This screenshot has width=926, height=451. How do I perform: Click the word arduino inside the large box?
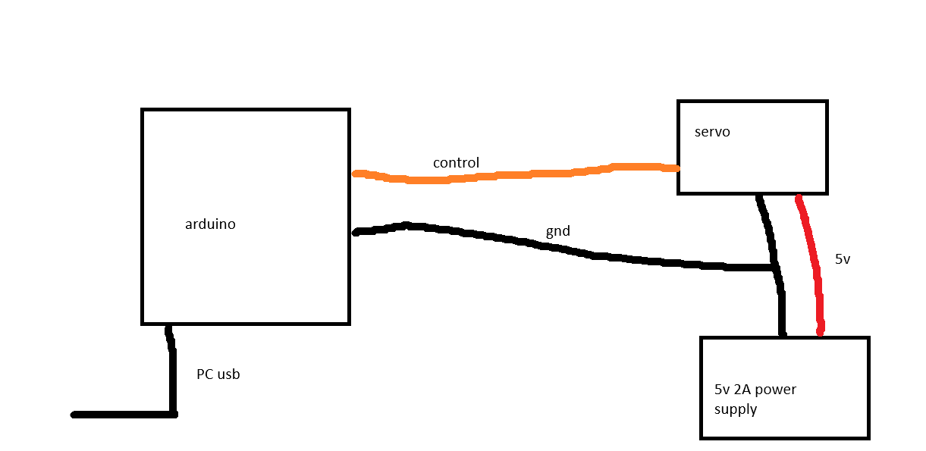click(x=210, y=224)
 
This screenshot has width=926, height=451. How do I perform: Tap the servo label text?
click(x=712, y=132)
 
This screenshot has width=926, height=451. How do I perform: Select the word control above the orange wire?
click(x=456, y=162)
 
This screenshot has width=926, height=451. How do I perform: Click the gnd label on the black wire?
click(x=558, y=231)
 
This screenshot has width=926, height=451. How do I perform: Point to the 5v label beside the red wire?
click(x=843, y=259)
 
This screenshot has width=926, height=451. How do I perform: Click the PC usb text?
click(x=218, y=374)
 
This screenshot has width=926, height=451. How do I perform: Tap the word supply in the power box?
click(x=736, y=410)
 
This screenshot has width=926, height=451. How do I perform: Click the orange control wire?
click(x=513, y=174)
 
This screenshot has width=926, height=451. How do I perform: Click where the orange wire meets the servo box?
click(x=678, y=168)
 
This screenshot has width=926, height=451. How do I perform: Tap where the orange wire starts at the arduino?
click(x=354, y=174)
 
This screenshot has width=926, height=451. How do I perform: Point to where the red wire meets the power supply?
click(x=821, y=334)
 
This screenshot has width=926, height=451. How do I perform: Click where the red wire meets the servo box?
click(x=799, y=196)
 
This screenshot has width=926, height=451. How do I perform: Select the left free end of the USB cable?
click(x=74, y=415)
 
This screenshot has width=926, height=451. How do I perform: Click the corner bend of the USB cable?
click(x=173, y=415)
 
